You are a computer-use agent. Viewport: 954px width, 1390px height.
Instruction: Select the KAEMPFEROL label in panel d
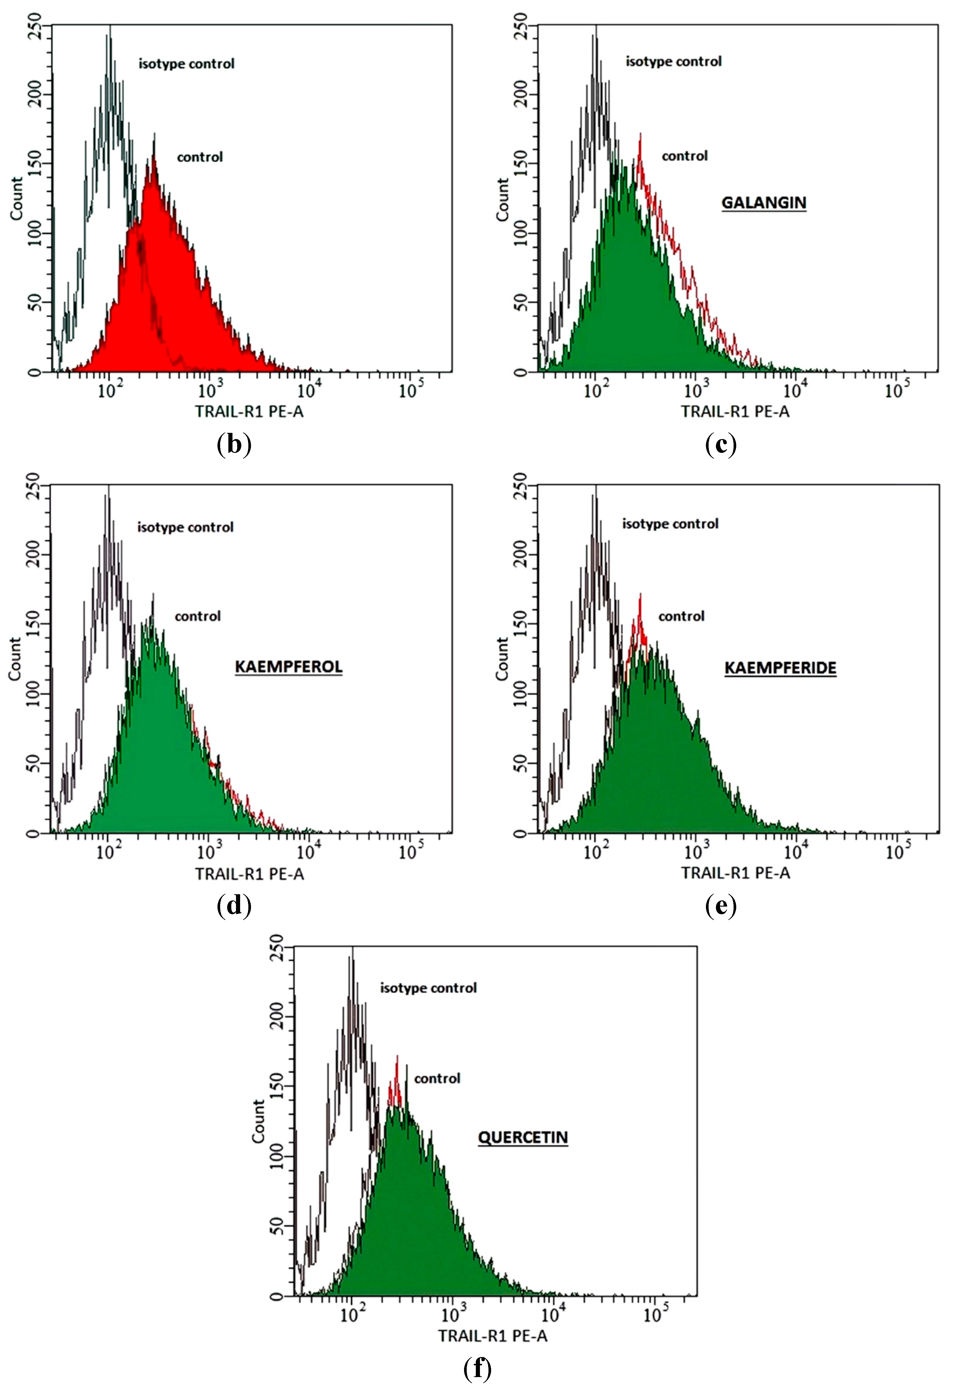point(288,667)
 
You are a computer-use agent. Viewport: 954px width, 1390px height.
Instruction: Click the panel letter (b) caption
point(233,445)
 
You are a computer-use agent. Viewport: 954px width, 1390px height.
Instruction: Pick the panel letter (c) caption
point(721,445)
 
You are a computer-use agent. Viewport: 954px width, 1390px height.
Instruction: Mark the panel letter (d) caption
point(233,906)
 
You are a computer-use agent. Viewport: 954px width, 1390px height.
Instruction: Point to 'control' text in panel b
point(200,157)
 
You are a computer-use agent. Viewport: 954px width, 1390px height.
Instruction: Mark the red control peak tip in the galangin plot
point(640,135)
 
